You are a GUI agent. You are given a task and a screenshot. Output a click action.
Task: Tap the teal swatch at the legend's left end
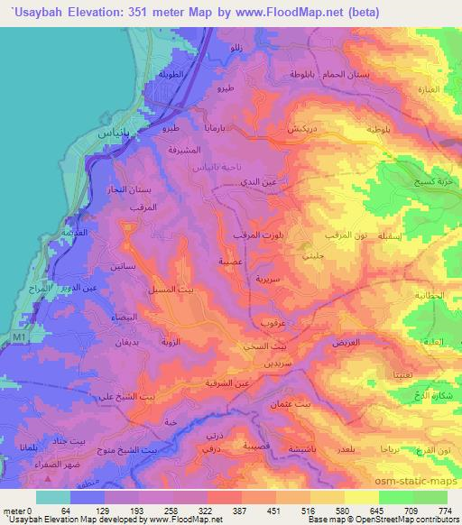[53, 497]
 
